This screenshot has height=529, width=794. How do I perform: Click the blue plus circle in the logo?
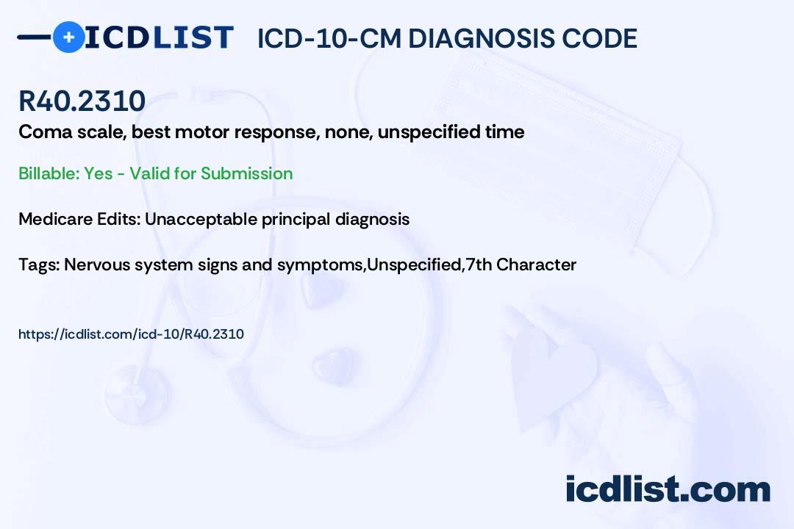[x=69, y=37]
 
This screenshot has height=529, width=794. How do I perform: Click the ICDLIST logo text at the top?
[x=159, y=37]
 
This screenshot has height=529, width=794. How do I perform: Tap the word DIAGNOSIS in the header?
[x=481, y=38]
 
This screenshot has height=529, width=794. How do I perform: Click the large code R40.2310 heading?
[x=82, y=101]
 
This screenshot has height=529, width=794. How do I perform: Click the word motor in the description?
[x=201, y=132]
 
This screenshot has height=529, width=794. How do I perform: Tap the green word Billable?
[x=49, y=173]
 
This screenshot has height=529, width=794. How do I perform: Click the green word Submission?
[x=246, y=173]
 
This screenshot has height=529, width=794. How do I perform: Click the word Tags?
[x=39, y=264]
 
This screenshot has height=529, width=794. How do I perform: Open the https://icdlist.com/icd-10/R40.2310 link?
[x=131, y=334]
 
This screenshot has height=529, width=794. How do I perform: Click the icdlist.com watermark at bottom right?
[x=668, y=489]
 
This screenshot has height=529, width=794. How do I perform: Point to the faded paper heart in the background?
[x=554, y=375]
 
